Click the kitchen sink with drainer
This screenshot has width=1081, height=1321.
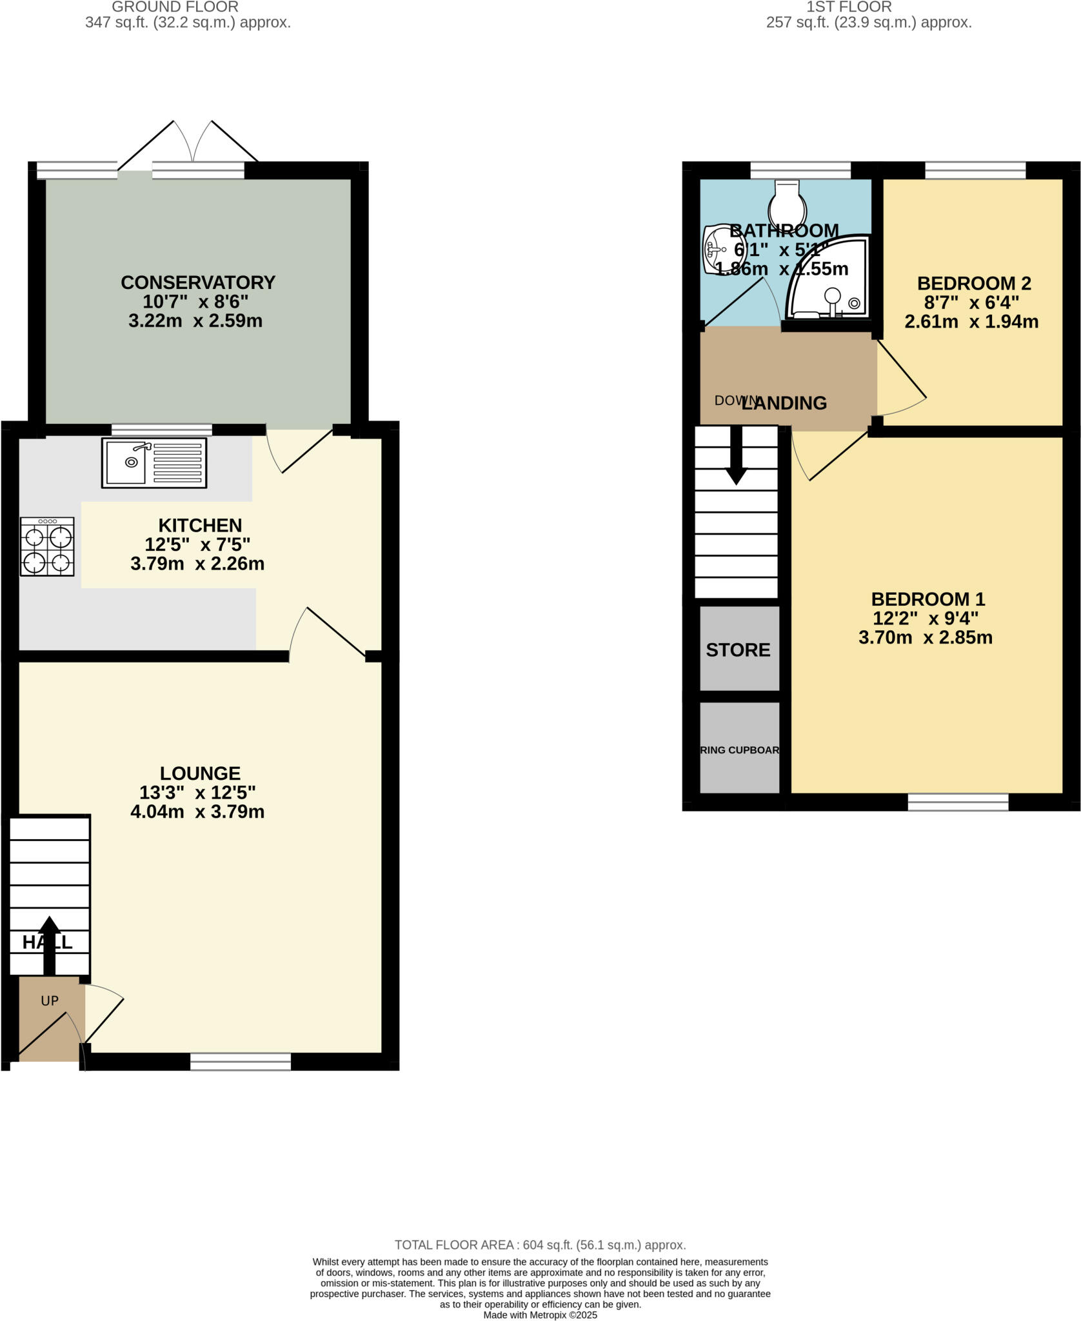pyautogui.click(x=154, y=462)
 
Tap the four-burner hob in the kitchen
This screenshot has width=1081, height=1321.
pyautogui.click(x=47, y=546)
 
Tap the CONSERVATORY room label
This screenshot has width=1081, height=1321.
pyautogui.click(x=198, y=283)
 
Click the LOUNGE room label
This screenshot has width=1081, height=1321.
pyautogui.click(x=200, y=773)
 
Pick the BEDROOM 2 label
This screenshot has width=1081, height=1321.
pyautogui.click(x=973, y=283)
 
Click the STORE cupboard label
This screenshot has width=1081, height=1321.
pyautogui.click(x=738, y=650)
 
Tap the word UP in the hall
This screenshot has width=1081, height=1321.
pyautogui.click(x=50, y=1000)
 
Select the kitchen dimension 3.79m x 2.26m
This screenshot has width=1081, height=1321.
pyautogui.click(x=197, y=564)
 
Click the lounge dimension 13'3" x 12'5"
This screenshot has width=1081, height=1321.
pyautogui.click(x=197, y=792)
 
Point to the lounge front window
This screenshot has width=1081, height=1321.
pyautogui.click(x=241, y=1061)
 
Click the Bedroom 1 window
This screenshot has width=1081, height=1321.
pyautogui.click(x=958, y=802)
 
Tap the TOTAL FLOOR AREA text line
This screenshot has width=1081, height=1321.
pyautogui.click(x=540, y=1245)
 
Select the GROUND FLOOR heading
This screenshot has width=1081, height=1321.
pyautogui.click(x=175, y=7)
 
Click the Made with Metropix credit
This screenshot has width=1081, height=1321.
pyautogui.click(x=540, y=1315)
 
